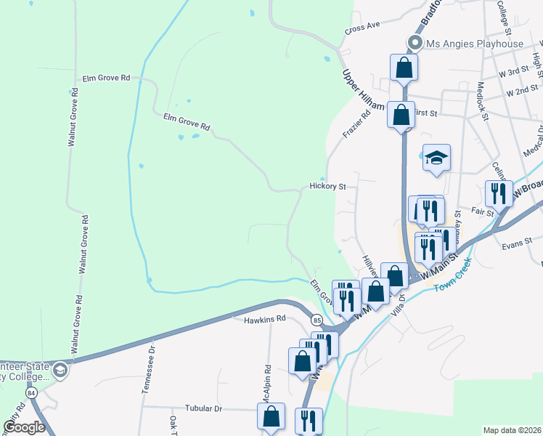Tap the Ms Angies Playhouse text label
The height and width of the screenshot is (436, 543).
[475, 44]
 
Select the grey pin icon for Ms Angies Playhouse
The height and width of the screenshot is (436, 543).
[416, 43]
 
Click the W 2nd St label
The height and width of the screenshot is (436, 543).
[523, 92]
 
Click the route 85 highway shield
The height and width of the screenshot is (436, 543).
[317, 320]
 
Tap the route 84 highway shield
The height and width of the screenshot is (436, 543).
[30, 392]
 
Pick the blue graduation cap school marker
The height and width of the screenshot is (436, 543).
[436, 158]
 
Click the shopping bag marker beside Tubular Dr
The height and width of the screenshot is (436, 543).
[271, 417]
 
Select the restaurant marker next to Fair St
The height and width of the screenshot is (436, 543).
[499, 193]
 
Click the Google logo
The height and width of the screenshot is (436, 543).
[25, 427]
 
